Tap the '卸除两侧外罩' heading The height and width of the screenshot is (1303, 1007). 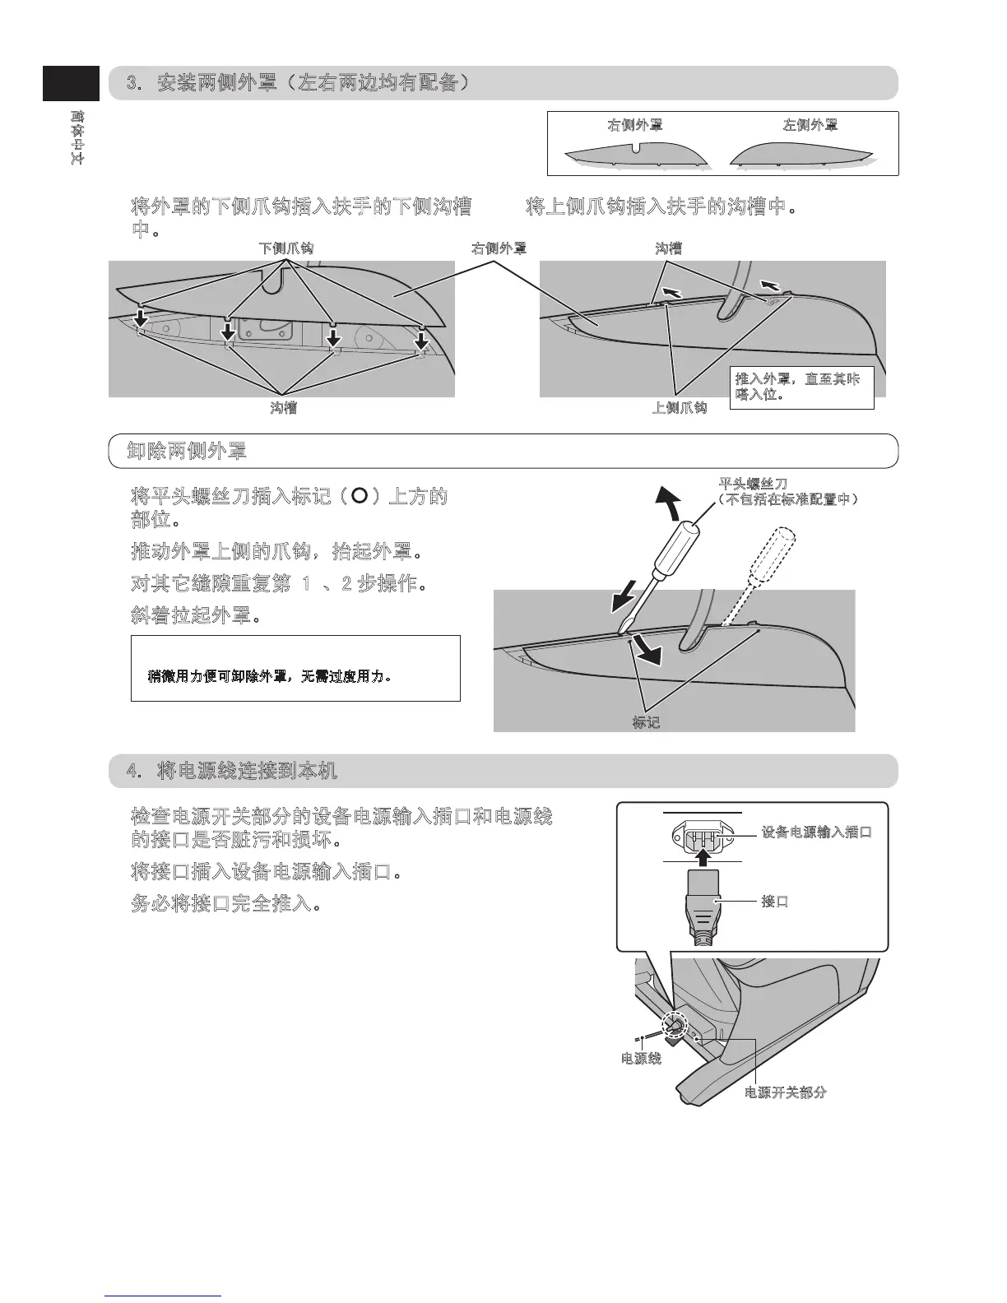pos(188,451)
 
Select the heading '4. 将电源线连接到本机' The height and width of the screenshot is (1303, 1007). pos(232,771)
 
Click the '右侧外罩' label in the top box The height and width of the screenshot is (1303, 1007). pos(635,125)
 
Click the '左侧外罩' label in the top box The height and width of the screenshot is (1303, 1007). pos(810,125)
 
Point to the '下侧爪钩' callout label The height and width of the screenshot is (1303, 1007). pos(286,248)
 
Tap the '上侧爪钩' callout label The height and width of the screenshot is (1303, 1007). pos(680,408)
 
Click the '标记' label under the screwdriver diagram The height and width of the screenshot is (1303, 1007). pos(646,723)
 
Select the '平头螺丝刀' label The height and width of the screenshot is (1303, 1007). pos(754,484)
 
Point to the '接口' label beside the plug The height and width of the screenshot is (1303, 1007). pos(775,902)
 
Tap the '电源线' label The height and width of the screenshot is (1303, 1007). pos(641,1059)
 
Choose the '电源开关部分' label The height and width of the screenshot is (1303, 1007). pos(786,1093)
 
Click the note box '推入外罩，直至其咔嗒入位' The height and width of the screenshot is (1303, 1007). pos(801,387)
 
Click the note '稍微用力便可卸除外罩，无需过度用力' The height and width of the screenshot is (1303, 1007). pos(269,677)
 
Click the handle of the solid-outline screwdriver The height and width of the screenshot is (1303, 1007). pos(682,544)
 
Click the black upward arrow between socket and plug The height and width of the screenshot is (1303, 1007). pos(703,858)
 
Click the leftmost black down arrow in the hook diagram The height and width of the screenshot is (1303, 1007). pos(141,318)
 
